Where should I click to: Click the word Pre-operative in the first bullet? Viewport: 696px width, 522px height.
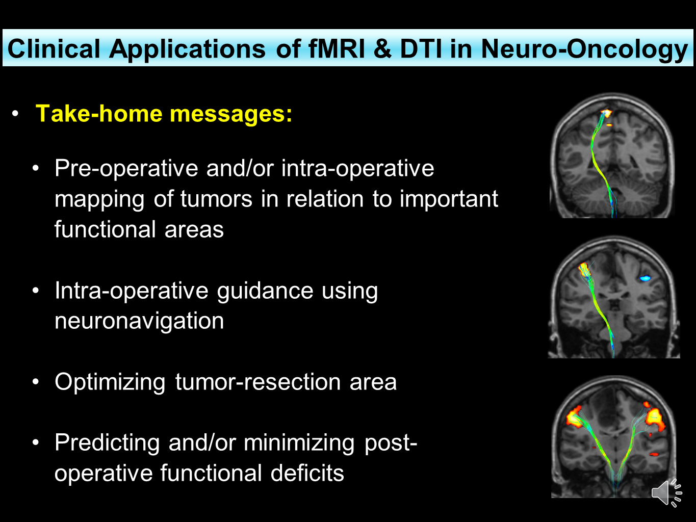[126, 169]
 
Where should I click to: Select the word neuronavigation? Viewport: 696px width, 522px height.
[139, 321]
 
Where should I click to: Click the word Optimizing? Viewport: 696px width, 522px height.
[110, 382]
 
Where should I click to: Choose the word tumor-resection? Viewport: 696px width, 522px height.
[257, 382]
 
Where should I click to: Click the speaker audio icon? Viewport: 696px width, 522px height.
[666, 492]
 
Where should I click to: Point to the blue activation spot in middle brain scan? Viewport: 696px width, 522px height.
[645, 278]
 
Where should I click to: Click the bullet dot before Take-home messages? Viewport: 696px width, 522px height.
[16, 113]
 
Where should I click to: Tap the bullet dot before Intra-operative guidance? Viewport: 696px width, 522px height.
[35, 291]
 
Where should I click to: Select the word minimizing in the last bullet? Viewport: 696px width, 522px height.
[299, 442]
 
